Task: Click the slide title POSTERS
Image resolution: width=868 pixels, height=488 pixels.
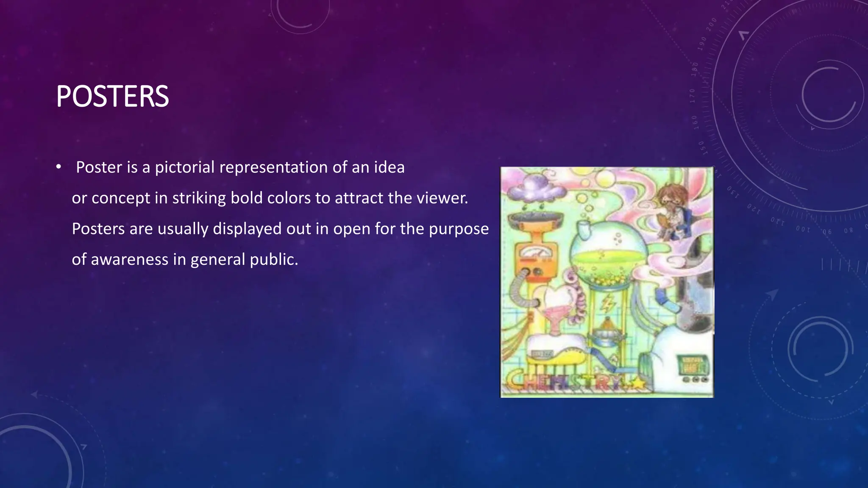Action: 112,97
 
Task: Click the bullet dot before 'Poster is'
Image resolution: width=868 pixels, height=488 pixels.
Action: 58,166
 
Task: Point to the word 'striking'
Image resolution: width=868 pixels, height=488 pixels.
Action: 199,198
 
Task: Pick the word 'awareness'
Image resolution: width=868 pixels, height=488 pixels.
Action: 129,260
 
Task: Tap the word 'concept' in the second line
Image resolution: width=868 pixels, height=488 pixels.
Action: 121,198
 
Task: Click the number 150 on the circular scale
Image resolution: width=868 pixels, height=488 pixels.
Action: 702,148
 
